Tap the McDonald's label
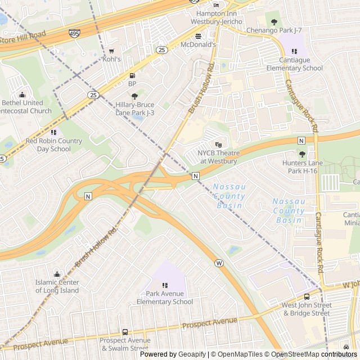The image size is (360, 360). coord(198,44)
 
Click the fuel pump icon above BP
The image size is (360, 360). coord(133,75)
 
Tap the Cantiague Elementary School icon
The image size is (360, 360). coord(294,52)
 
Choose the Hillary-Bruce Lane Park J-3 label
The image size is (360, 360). coord(134,109)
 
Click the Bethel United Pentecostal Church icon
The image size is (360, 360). coord(22,95)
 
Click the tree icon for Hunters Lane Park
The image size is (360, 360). coord(302,154)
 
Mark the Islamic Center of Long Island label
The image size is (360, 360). coord(57,286)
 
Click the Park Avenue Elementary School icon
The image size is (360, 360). coord(165,286)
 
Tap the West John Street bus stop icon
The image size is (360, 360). coord(307,297)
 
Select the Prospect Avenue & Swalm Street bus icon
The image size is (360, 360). coord(125,332)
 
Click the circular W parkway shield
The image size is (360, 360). coord(219,263)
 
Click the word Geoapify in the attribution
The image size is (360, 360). coord(192,354)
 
